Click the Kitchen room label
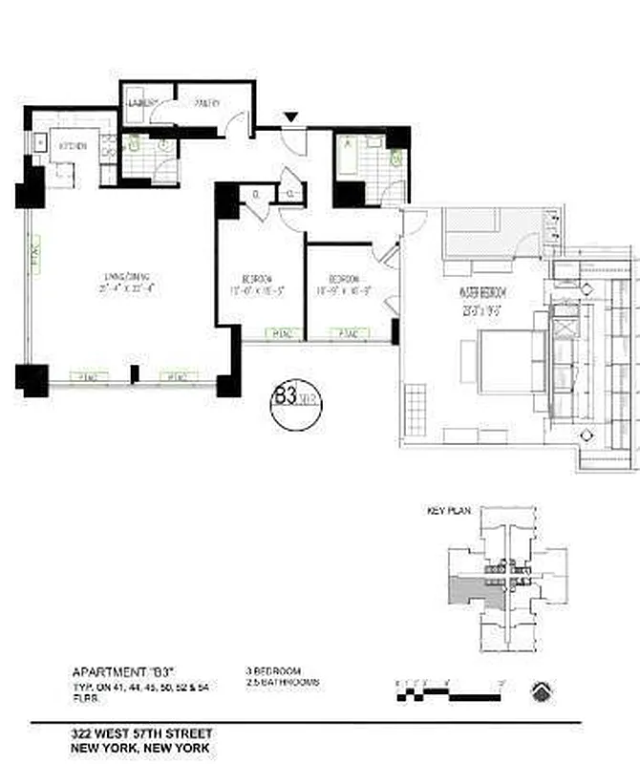click(74, 146)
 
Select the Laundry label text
click(143, 103)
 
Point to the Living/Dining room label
click(122, 280)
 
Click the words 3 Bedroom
click(273, 671)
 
